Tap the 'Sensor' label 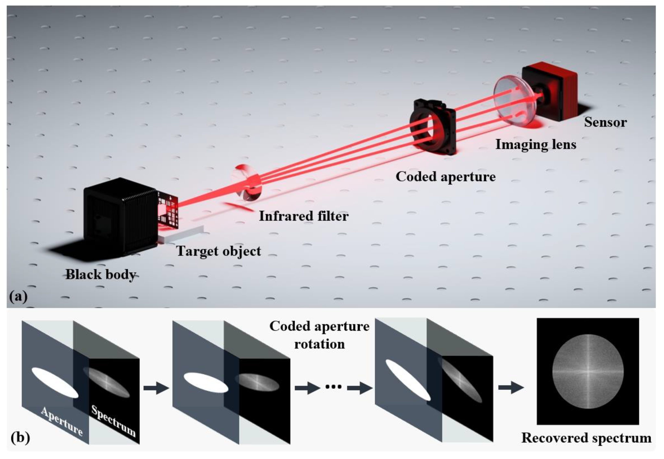click(605, 122)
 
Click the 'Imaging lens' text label click(536, 144)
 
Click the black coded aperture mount click(433, 127)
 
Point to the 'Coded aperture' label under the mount click(446, 177)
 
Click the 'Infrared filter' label click(304, 216)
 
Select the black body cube click(121, 216)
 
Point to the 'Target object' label click(219, 251)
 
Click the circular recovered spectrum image click(588, 371)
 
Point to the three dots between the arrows click(333, 387)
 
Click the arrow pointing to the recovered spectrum click(511, 388)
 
